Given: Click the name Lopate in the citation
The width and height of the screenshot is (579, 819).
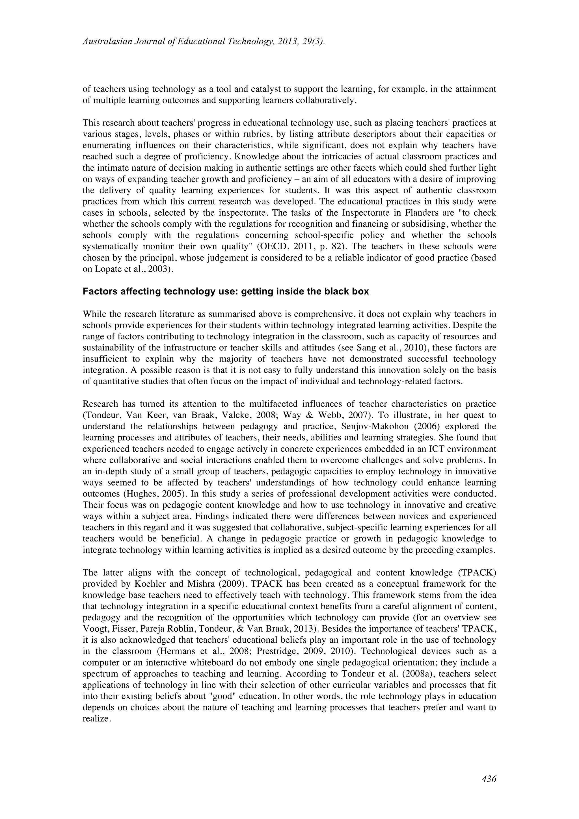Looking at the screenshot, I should [107, 269].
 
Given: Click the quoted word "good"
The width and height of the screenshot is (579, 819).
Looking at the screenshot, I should [221, 696].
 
